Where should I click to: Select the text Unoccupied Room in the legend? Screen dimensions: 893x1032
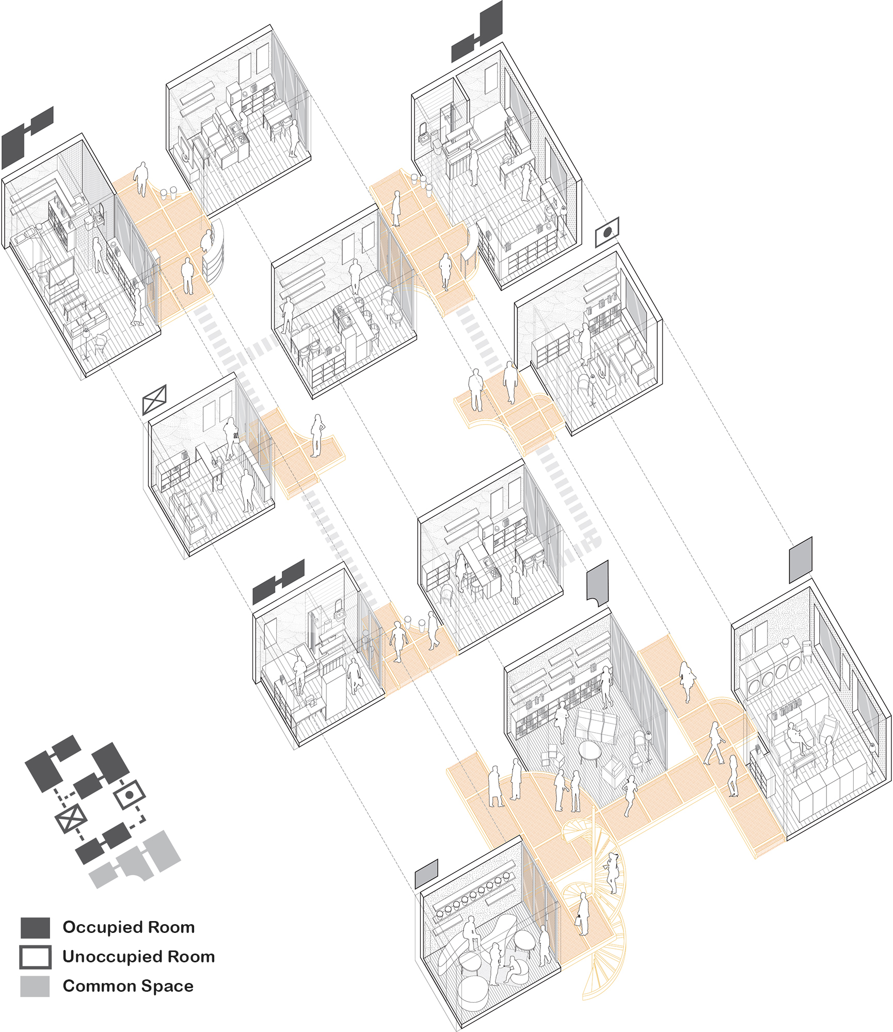pos(138,957)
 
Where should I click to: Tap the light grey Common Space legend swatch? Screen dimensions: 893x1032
pos(35,986)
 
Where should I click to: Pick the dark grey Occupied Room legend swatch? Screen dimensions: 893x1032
pos(35,927)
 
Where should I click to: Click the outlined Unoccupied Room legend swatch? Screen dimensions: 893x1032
pos(35,957)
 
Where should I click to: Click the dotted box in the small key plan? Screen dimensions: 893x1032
pos(129,795)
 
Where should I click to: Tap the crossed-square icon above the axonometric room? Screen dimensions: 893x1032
pos(154,399)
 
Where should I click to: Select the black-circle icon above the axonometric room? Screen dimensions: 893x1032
pos(607,232)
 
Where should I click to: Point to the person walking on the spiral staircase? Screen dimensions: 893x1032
pos(613,872)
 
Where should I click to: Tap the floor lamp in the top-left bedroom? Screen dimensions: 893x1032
pos(86,343)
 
